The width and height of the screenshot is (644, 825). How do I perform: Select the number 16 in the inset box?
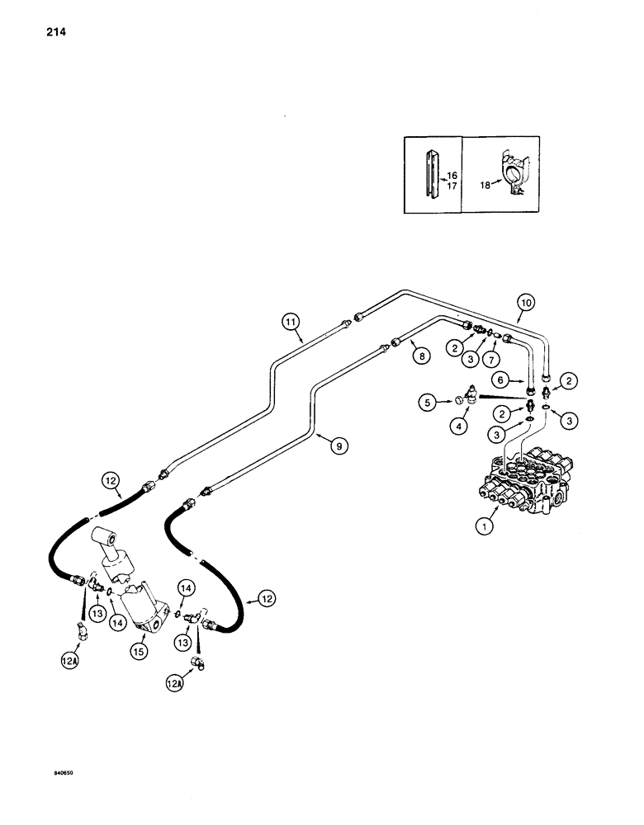(x=452, y=176)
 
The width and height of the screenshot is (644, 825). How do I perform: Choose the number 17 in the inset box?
(x=452, y=186)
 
